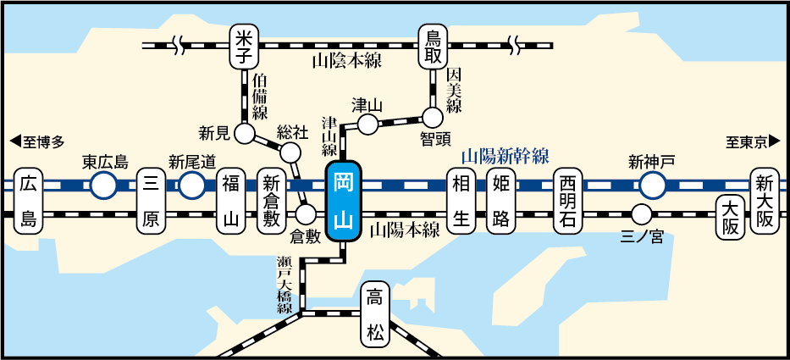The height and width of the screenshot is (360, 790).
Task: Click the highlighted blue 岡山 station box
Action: tap(344, 201)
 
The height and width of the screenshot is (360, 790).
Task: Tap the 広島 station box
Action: tap(28, 201)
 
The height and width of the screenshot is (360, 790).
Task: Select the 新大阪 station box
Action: tap(765, 201)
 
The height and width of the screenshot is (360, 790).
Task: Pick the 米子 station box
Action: tap(244, 46)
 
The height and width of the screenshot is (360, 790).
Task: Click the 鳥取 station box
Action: tap(434, 46)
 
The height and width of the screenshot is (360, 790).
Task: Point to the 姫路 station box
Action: tap(500, 201)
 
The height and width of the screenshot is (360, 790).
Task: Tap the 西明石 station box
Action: tap(568, 201)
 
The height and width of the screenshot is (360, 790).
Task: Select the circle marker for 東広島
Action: tap(104, 186)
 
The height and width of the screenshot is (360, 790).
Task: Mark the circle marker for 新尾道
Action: tap(192, 186)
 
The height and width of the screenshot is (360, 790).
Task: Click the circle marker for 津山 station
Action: tap(368, 125)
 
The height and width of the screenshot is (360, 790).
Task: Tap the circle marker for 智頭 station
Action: tap(433, 116)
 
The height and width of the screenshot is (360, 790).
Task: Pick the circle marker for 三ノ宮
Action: tap(642, 213)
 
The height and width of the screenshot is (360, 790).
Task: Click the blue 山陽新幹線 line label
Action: tap(505, 156)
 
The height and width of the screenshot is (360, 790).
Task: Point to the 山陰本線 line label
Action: tap(347, 60)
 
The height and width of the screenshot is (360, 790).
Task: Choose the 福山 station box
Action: tap(231, 201)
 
